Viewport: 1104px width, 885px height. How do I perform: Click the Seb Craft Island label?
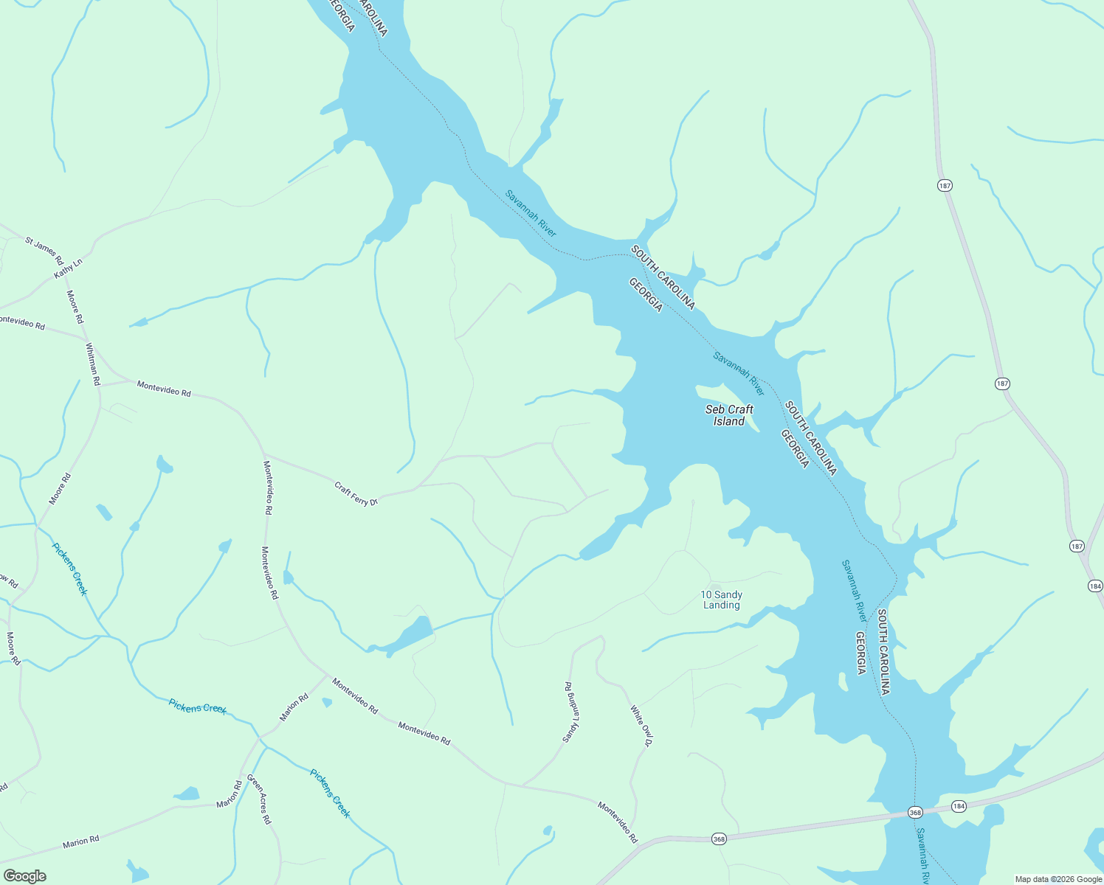point(729,415)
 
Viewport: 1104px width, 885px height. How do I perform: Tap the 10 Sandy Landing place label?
point(721,600)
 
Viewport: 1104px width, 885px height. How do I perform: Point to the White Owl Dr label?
point(641,726)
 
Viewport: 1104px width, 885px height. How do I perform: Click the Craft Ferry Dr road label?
point(356,493)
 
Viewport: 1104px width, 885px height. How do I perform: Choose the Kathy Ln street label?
point(68,268)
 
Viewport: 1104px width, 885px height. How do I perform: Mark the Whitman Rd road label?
point(92,364)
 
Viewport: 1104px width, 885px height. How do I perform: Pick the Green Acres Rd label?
point(259,799)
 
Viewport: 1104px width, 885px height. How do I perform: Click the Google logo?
point(24,876)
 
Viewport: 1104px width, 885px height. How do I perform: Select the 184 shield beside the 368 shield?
point(959,806)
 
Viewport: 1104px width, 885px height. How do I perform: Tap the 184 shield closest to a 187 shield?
point(1094,586)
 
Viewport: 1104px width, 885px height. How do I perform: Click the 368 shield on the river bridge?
point(915,812)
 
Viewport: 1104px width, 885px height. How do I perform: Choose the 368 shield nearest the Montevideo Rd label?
point(719,839)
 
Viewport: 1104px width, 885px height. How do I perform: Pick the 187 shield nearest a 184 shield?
point(1077,546)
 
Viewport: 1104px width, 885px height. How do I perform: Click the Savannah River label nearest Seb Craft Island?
point(739,373)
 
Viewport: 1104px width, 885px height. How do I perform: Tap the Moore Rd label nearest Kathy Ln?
point(75,307)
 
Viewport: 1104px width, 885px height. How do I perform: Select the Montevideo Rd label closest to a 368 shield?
point(618,822)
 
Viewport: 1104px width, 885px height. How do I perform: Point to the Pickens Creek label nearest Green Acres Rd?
point(330,794)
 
